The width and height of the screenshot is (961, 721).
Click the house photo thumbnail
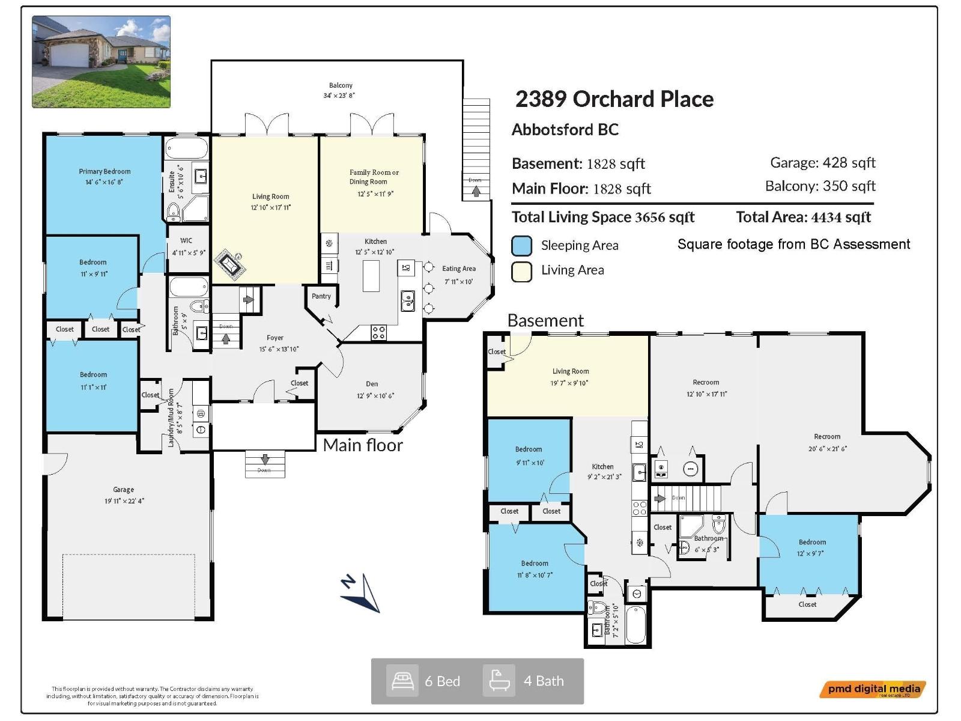point(101,62)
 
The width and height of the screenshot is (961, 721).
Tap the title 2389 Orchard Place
point(614,99)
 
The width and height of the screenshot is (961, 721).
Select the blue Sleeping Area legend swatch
point(521,246)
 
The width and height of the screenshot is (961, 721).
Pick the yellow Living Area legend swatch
point(521,271)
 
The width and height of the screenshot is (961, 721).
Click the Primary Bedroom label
point(105,172)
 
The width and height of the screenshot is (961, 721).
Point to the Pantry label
point(321,296)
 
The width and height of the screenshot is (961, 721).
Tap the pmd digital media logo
point(873,689)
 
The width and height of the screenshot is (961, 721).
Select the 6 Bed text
point(442,681)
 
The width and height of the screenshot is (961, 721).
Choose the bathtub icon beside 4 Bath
point(499,681)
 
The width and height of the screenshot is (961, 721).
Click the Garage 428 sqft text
point(822,163)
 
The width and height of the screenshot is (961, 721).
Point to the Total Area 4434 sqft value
point(803,218)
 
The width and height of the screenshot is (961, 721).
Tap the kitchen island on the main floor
point(371,275)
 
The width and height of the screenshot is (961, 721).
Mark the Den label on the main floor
point(372,384)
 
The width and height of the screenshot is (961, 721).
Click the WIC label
point(186,240)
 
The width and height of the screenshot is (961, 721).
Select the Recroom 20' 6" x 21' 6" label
point(827,442)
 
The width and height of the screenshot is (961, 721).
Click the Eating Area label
point(459,269)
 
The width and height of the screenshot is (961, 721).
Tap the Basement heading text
point(545,321)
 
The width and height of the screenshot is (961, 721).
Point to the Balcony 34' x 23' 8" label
point(341,90)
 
